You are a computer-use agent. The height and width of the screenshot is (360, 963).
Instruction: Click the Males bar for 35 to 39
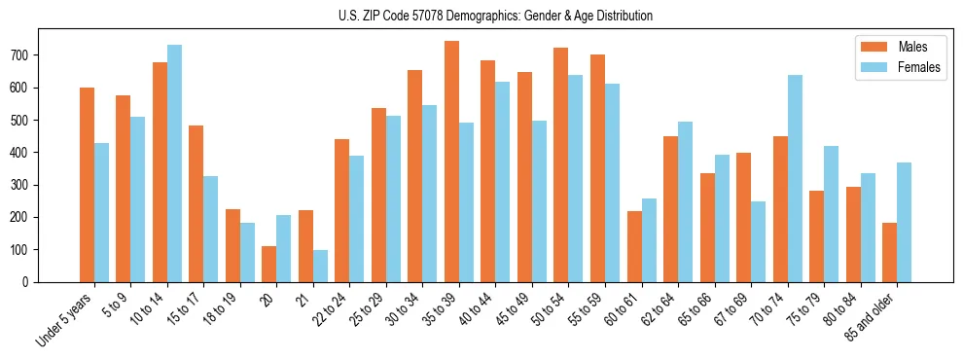[451, 162]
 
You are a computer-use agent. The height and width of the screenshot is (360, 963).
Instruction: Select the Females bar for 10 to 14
[174, 163]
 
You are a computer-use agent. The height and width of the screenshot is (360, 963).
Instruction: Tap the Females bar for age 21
[320, 266]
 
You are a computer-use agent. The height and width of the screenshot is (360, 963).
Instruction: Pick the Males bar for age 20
[269, 264]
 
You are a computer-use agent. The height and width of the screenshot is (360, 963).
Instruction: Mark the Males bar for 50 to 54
[561, 164]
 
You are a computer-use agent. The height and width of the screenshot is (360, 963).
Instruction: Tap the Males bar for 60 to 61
[634, 246]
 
